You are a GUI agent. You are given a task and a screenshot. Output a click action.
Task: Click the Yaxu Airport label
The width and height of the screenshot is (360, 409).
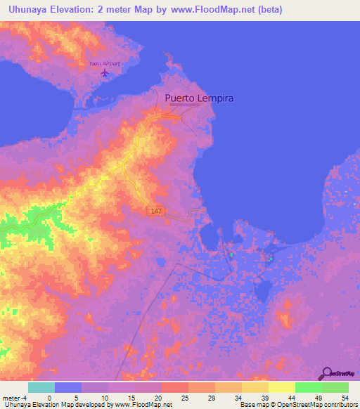pos(104,63)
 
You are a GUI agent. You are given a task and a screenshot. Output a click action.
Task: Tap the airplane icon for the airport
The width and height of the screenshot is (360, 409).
pos(105,72)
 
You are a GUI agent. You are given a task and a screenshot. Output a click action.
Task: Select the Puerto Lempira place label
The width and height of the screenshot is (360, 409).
pos(199,99)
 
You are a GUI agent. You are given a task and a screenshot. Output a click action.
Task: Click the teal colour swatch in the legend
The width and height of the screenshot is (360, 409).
pos(41,387)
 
